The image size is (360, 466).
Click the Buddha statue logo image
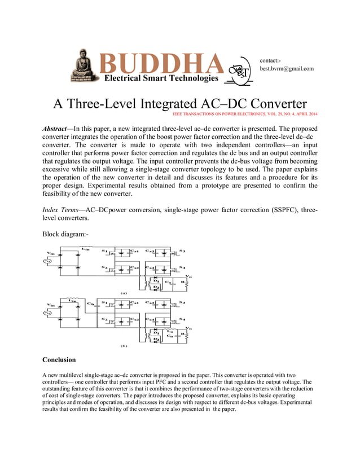pos(85,65)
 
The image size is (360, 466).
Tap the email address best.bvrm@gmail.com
pos(286,69)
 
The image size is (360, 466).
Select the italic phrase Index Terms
pos(60,210)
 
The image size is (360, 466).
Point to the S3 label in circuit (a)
pos(182,250)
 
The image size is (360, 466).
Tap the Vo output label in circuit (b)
pos(188,328)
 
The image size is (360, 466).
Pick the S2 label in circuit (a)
pos(104,267)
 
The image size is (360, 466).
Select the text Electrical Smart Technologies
pos(161,78)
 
